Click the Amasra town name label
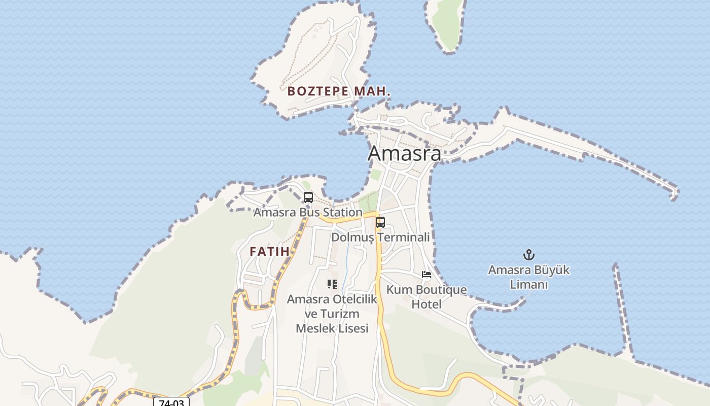pyautogui.click(x=404, y=153)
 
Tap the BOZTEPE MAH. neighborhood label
pyautogui.click(x=339, y=91)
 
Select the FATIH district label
pyautogui.click(x=269, y=251)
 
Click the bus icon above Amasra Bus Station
pyautogui.click(x=308, y=197)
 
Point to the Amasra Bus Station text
pyautogui.click(x=308, y=212)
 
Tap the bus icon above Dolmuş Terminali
pyautogui.click(x=380, y=222)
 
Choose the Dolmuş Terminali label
pyautogui.click(x=380, y=237)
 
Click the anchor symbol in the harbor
pyautogui.click(x=529, y=255)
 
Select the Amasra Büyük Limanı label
pyautogui.click(x=529, y=277)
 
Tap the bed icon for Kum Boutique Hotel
pyautogui.click(x=427, y=275)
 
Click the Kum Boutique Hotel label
pyautogui.click(x=427, y=297)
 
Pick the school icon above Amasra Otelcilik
pyautogui.click(x=332, y=284)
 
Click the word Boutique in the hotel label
pyautogui.click(x=440, y=290)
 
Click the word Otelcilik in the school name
pyautogui.click(x=354, y=299)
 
